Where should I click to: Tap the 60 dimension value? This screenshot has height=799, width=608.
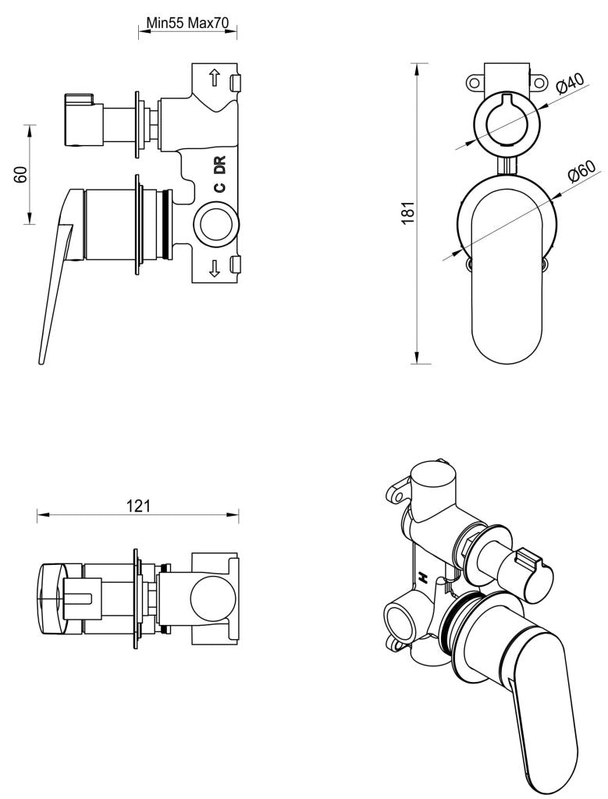tap(21, 174)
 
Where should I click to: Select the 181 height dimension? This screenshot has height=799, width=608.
tap(407, 212)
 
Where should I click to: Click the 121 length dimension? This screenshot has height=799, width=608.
tap(138, 506)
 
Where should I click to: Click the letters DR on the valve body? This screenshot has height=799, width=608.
tap(220, 165)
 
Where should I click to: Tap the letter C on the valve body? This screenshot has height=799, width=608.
tap(220, 187)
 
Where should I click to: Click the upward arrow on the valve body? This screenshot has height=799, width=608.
tap(215, 79)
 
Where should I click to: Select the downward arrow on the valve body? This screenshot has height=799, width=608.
tap(215, 269)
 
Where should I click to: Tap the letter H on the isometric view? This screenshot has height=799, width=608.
tap(423, 578)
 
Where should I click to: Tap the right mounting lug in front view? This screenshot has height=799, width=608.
tap(539, 81)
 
